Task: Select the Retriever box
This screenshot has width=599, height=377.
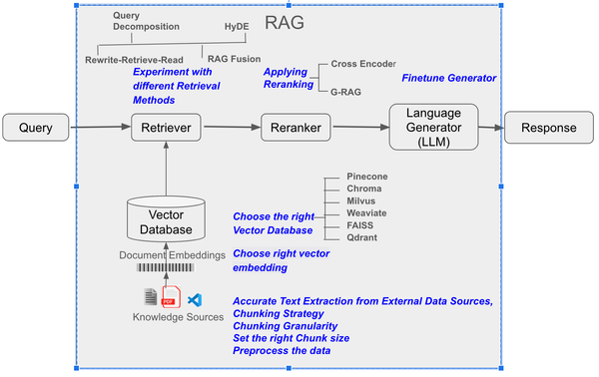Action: [x=168, y=128]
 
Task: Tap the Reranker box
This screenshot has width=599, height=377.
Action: [x=296, y=128]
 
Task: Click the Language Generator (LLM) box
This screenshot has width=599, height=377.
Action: [x=431, y=127]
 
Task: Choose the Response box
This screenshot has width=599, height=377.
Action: [x=547, y=128]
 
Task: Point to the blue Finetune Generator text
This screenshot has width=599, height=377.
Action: [x=448, y=78]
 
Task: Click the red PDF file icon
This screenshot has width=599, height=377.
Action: [x=170, y=298]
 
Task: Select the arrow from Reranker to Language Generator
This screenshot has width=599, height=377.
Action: [x=357, y=128]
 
